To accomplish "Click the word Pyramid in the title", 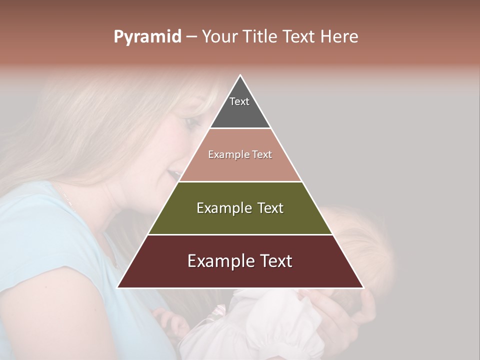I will [147, 37].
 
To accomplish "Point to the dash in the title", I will [191, 37].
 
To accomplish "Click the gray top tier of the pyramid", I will [240, 112].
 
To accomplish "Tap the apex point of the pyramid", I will [240, 76].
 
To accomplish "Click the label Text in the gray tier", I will [239, 101].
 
